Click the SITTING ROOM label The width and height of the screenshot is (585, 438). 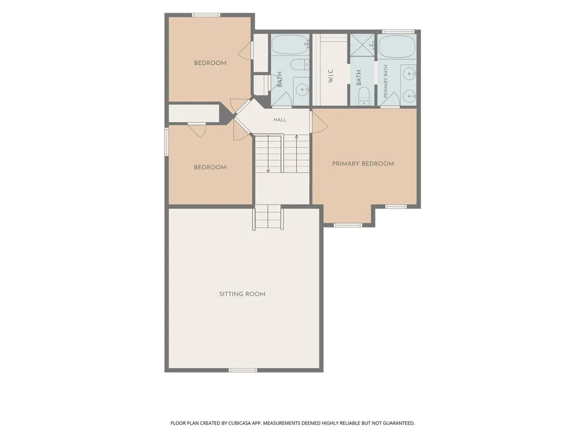[x=242, y=294]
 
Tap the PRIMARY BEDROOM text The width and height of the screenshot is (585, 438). [x=363, y=164]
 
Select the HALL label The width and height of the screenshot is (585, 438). [x=280, y=120]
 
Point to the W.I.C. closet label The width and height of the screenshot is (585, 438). [x=331, y=75]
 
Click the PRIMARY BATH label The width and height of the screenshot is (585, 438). [x=386, y=81]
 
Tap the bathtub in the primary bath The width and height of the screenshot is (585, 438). [x=396, y=46]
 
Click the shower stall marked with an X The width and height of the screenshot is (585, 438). [x=362, y=45]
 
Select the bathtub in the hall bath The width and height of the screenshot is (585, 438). [x=290, y=45]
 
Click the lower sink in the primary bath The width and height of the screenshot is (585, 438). [x=410, y=96]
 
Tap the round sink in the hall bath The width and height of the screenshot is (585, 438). [x=302, y=90]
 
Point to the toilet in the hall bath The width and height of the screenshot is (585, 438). [x=299, y=65]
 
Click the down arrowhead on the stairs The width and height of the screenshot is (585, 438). [x=268, y=171]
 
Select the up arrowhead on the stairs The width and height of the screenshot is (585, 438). [x=296, y=137]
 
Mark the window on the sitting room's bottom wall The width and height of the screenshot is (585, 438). [x=243, y=370]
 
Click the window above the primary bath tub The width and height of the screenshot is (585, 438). [x=398, y=32]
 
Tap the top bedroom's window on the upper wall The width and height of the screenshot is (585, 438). [x=206, y=15]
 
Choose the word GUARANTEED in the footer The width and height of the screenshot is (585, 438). [x=402, y=423]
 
